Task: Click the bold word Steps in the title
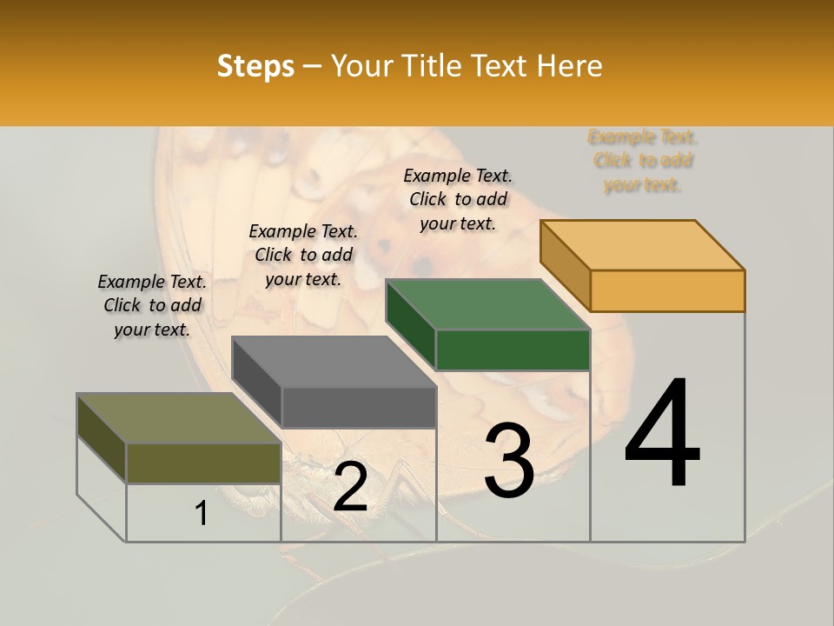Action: [255, 67]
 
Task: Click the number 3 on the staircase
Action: [509, 461]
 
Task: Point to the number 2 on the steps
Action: [350, 487]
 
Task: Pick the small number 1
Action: [202, 513]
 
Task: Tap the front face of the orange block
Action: [667, 290]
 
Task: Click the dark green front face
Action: [513, 350]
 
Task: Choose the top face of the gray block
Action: [334, 362]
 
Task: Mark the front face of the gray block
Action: [359, 407]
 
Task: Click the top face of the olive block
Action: [179, 418]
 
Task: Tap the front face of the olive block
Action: [203, 463]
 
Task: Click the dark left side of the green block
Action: [410, 323]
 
